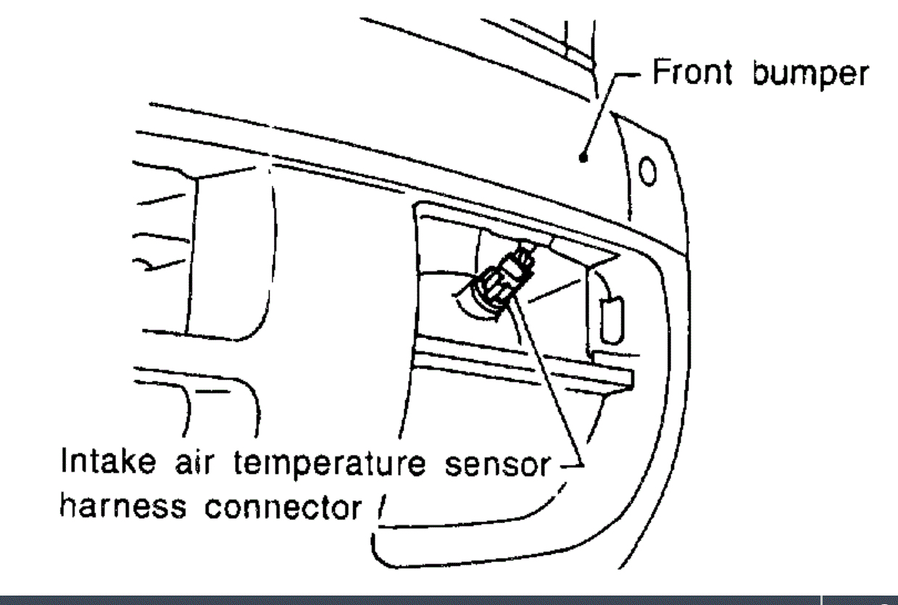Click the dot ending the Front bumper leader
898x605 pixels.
click(x=583, y=155)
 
